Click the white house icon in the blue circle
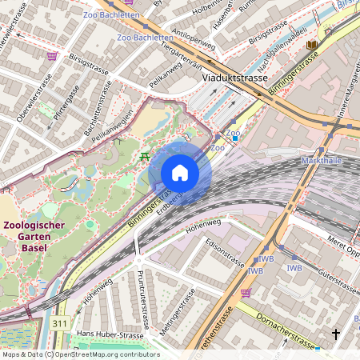(x=180, y=173)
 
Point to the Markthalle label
(x=322, y=161)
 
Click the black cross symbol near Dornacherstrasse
(x=336, y=333)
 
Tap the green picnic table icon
(x=144, y=156)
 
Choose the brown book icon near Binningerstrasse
(x=310, y=45)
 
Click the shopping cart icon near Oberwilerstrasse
(x=53, y=56)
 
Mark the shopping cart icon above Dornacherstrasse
(x=246, y=293)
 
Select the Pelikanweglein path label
(x=112, y=128)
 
